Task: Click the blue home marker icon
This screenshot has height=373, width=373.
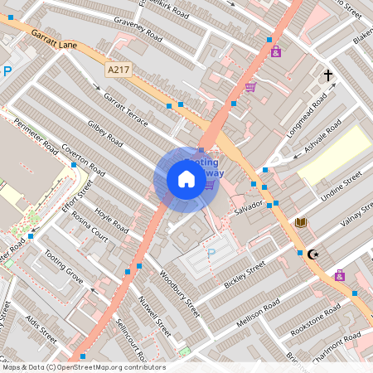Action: (186, 179)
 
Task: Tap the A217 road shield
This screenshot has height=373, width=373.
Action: (119, 72)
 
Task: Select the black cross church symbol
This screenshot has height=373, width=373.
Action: (328, 76)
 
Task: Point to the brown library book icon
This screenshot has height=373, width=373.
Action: (301, 222)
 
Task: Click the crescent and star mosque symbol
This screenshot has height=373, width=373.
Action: (312, 254)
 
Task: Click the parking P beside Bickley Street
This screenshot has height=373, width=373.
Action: (211, 253)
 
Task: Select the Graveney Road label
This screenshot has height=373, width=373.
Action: (139, 31)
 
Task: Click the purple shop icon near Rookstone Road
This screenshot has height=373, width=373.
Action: (340, 275)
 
